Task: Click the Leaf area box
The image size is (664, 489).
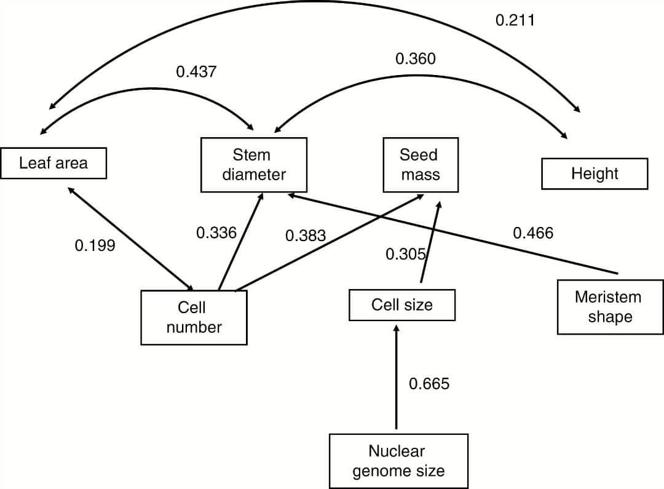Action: [53, 163]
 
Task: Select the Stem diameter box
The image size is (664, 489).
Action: [254, 164]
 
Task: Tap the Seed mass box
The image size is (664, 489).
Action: [421, 164]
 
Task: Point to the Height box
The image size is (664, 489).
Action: [595, 173]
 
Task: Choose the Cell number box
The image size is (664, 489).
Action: [194, 317]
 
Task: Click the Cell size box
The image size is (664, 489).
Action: [402, 305]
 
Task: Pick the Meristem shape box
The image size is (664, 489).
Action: [609, 307]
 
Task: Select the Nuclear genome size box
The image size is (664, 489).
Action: [398, 461]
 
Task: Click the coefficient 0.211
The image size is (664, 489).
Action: [515, 20]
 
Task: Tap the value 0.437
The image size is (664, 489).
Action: [196, 72]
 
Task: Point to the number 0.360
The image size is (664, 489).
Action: [416, 59]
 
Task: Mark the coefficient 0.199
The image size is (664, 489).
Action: [95, 246]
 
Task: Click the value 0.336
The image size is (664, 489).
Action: [216, 233]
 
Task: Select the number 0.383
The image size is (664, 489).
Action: [306, 236]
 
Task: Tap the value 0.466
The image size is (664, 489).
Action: [533, 233]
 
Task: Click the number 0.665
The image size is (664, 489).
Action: [429, 384]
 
